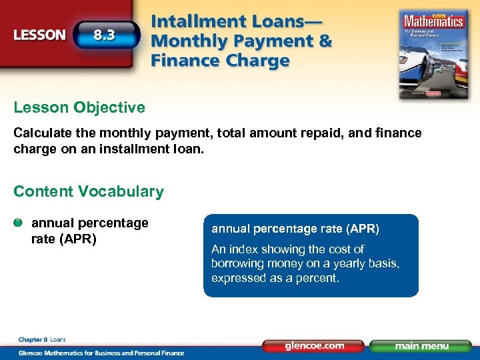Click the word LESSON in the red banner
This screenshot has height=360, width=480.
pyautogui.click(x=39, y=35)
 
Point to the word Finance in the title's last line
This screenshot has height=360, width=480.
pyautogui.click(x=187, y=61)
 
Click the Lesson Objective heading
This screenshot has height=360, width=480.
pyautogui.click(x=79, y=107)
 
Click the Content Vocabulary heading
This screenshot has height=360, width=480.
pyautogui.click(x=88, y=191)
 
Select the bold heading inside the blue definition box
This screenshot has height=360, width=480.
pyautogui.click(x=295, y=229)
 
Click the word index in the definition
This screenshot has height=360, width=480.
pyautogui.click(x=246, y=249)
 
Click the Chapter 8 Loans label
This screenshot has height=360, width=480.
pyautogui.click(x=41, y=339)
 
